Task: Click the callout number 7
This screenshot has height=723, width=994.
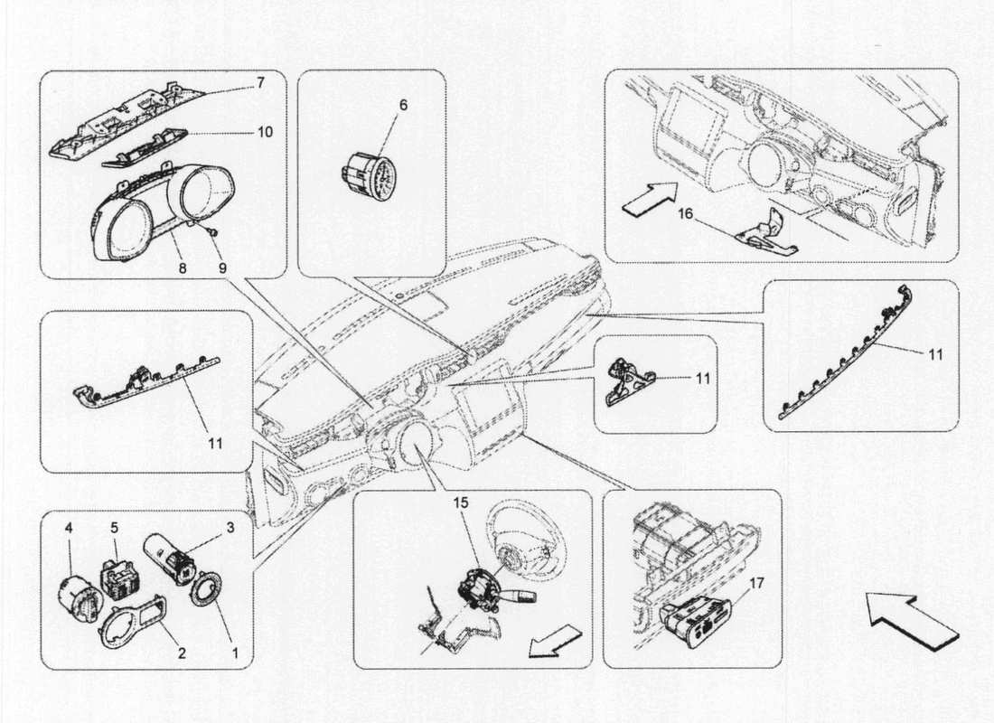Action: pyautogui.click(x=260, y=83)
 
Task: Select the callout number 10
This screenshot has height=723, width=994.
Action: pyautogui.click(x=264, y=132)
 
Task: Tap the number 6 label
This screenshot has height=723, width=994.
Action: pyautogui.click(x=402, y=106)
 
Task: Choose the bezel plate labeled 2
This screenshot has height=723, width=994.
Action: pyautogui.click(x=132, y=623)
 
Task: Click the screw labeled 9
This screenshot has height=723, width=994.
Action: pyautogui.click(x=210, y=232)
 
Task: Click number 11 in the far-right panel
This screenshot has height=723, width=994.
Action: pyautogui.click(x=934, y=355)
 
